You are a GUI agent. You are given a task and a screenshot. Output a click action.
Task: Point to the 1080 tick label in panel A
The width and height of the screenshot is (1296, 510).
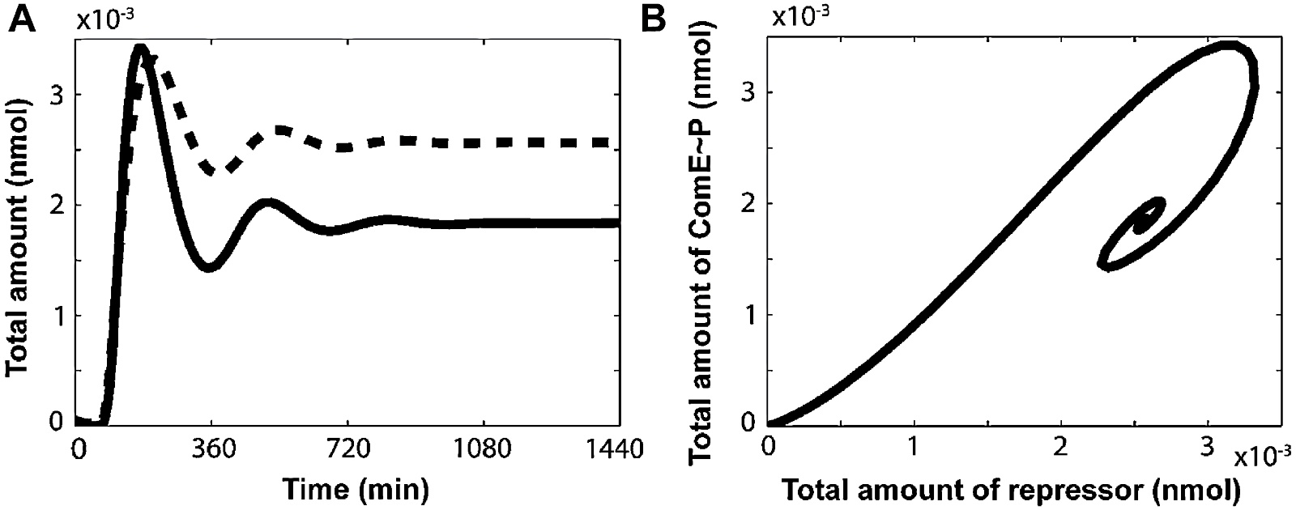tap(483, 448)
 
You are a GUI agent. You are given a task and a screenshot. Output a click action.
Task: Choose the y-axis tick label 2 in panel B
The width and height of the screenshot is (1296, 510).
tap(750, 203)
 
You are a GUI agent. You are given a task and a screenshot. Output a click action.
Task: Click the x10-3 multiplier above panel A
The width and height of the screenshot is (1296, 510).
tap(100, 21)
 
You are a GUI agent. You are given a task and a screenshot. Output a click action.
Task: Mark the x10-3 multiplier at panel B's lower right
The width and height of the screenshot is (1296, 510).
tap(1260, 457)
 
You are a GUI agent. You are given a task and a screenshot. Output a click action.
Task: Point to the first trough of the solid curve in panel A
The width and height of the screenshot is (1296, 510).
tap(210, 267)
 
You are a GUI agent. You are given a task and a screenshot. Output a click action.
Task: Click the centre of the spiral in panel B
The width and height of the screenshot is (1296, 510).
tap(1144, 220)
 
